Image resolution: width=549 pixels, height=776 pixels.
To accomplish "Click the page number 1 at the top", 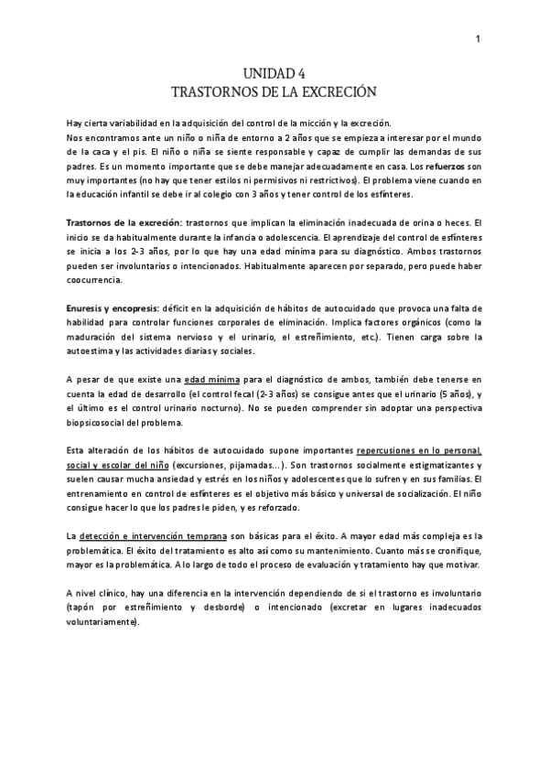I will coord(478,38).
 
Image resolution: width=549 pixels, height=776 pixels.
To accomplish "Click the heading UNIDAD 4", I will coord(274,76).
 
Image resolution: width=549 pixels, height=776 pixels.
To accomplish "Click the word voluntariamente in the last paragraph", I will coord(103,623).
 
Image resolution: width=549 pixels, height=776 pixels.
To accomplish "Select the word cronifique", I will coord(453,550).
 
